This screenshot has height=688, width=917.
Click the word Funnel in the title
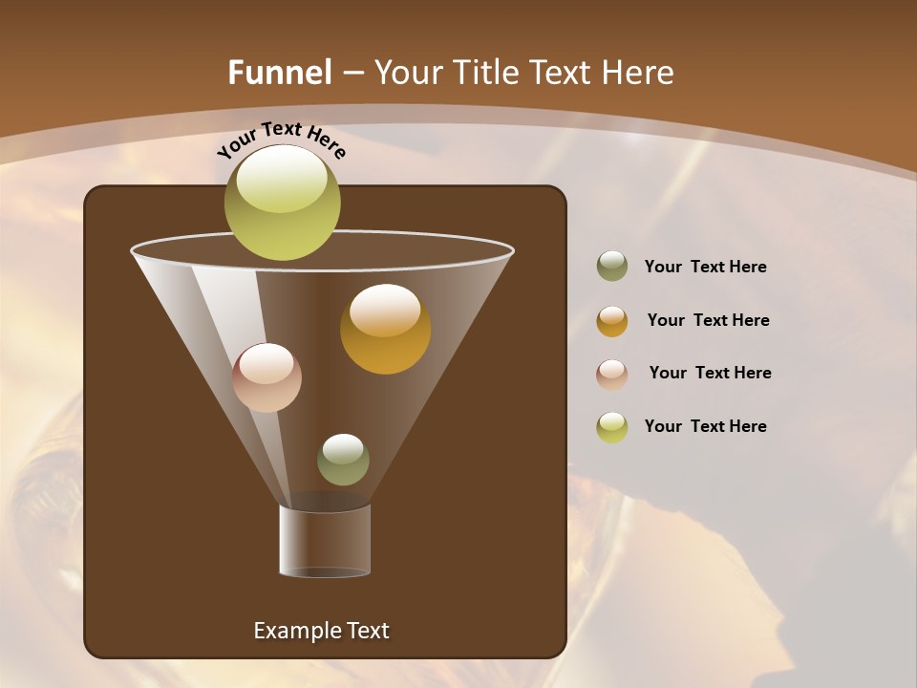click(x=279, y=73)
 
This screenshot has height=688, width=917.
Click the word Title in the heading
click(x=484, y=73)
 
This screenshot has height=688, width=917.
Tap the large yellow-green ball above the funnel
click(x=283, y=203)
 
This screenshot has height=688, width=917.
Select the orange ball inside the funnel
click(x=385, y=330)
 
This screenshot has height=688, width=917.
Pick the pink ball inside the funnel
click(x=267, y=377)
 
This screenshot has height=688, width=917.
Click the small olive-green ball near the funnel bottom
click(x=343, y=460)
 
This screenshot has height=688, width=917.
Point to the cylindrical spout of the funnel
click(x=325, y=541)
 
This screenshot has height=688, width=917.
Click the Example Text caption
click(x=322, y=631)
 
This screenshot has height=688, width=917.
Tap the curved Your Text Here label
click(x=282, y=140)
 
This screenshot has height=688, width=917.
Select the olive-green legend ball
click(x=612, y=267)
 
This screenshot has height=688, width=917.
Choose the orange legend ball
click(x=612, y=321)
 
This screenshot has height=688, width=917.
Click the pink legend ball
click(x=612, y=374)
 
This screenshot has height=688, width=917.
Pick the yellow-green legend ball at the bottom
click(x=612, y=427)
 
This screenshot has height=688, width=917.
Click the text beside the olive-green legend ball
click(x=705, y=268)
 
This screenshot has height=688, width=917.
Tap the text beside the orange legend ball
click(x=708, y=321)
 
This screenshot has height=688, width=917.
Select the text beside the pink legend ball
click(x=710, y=374)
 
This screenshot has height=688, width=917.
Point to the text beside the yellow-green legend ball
click(x=705, y=427)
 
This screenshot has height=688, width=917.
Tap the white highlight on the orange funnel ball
click(x=385, y=310)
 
